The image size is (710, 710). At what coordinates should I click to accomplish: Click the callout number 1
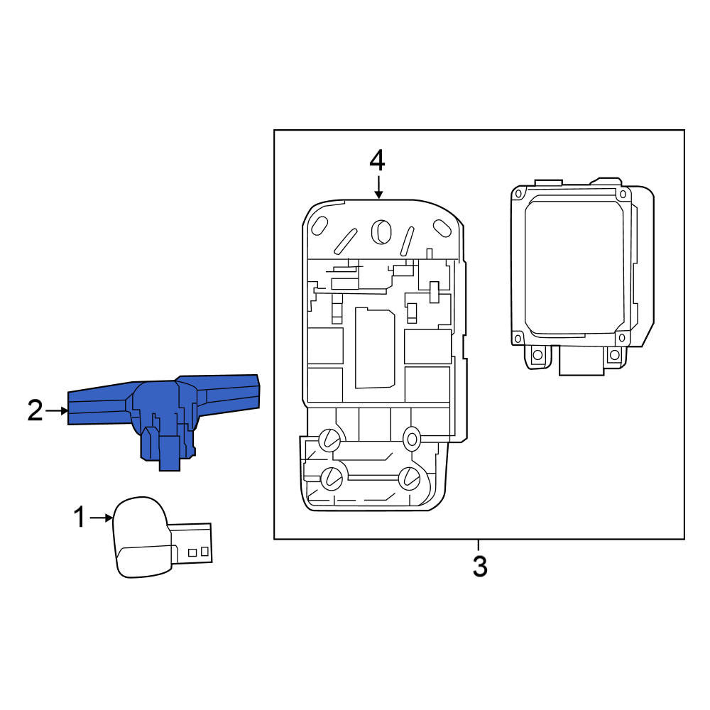click(x=80, y=518)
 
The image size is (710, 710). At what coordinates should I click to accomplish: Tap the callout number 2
click(x=35, y=410)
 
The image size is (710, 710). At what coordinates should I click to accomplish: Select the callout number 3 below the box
click(x=480, y=566)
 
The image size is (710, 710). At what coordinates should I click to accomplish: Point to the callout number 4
click(x=377, y=160)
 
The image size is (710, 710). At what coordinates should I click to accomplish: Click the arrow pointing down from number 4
click(x=378, y=187)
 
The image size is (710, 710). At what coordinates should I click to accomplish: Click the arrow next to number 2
click(x=57, y=410)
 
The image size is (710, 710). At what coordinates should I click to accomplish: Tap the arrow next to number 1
click(x=101, y=518)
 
